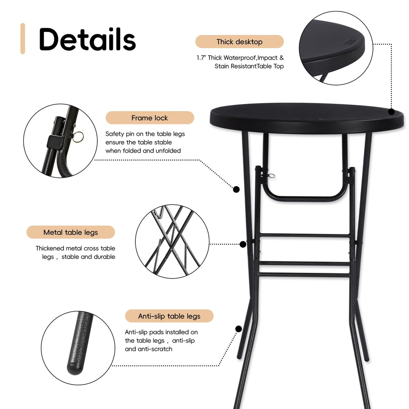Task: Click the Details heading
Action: click(x=88, y=39)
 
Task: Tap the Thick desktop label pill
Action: click(x=239, y=42)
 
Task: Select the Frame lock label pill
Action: click(x=150, y=118)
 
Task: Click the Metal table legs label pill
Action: click(x=71, y=232)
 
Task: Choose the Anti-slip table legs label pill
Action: click(x=169, y=316)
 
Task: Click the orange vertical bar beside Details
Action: click(x=22, y=38)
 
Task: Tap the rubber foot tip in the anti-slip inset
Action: click(x=75, y=369)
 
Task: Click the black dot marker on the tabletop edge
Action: click(x=391, y=112)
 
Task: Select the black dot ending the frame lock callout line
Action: click(x=236, y=189)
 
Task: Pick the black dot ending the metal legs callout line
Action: click(x=243, y=245)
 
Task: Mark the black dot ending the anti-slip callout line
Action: click(x=238, y=329)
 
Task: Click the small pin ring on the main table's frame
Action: click(x=272, y=176)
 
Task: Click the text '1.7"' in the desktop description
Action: click(x=201, y=58)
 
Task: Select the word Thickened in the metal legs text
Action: click(x=49, y=248)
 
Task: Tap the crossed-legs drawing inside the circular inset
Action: click(x=172, y=241)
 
